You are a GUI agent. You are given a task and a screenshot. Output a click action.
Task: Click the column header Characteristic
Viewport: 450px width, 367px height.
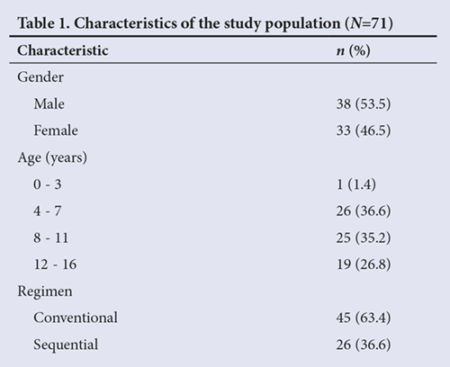[x=63, y=50]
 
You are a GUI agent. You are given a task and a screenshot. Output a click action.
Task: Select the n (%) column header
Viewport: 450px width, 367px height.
[x=353, y=50]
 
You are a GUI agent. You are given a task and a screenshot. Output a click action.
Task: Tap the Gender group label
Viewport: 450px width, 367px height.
[x=40, y=77]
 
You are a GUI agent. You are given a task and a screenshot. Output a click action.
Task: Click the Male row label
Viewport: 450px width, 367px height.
[x=49, y=104]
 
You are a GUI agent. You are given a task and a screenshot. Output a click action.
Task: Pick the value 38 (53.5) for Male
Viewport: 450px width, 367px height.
[x=364, y=104]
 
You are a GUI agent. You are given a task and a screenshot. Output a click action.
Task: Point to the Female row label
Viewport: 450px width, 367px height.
[x=56, y=130]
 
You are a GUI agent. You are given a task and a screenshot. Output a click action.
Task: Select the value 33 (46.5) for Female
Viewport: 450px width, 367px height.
[x=364, y=131]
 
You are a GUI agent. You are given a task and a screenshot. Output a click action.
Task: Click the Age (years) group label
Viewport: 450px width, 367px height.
[x=52, y=158]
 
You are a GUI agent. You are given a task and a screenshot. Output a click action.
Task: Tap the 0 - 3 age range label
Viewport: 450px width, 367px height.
[x=48, y=184]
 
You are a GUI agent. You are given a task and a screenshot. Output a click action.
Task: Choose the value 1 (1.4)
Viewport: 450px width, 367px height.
[x=356, y=184]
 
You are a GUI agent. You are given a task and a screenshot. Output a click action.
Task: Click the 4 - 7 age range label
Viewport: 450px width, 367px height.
[x=48, y=210]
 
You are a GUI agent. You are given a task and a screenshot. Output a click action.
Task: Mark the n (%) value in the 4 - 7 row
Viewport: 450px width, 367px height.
[x=364, y=211]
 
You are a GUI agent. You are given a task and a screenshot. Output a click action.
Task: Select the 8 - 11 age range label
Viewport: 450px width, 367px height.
[x=51, y=237]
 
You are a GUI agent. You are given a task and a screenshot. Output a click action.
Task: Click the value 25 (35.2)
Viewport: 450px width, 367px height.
[x=364, y=238]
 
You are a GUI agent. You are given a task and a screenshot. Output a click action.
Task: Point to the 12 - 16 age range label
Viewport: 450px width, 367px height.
[x=55, y=264]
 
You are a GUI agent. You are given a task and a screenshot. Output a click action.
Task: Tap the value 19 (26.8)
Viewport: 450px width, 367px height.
[x=364, y=264]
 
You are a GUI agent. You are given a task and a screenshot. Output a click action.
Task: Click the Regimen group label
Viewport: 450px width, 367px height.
[x=45, y=291]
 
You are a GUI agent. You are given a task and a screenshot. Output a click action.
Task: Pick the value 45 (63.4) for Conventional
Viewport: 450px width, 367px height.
[x=364, y=318]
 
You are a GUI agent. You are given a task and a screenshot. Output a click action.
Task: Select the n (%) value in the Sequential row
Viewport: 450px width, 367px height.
[x=364, y=345]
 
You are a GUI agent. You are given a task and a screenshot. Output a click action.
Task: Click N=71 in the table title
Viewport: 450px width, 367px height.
[x=368, y=23]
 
